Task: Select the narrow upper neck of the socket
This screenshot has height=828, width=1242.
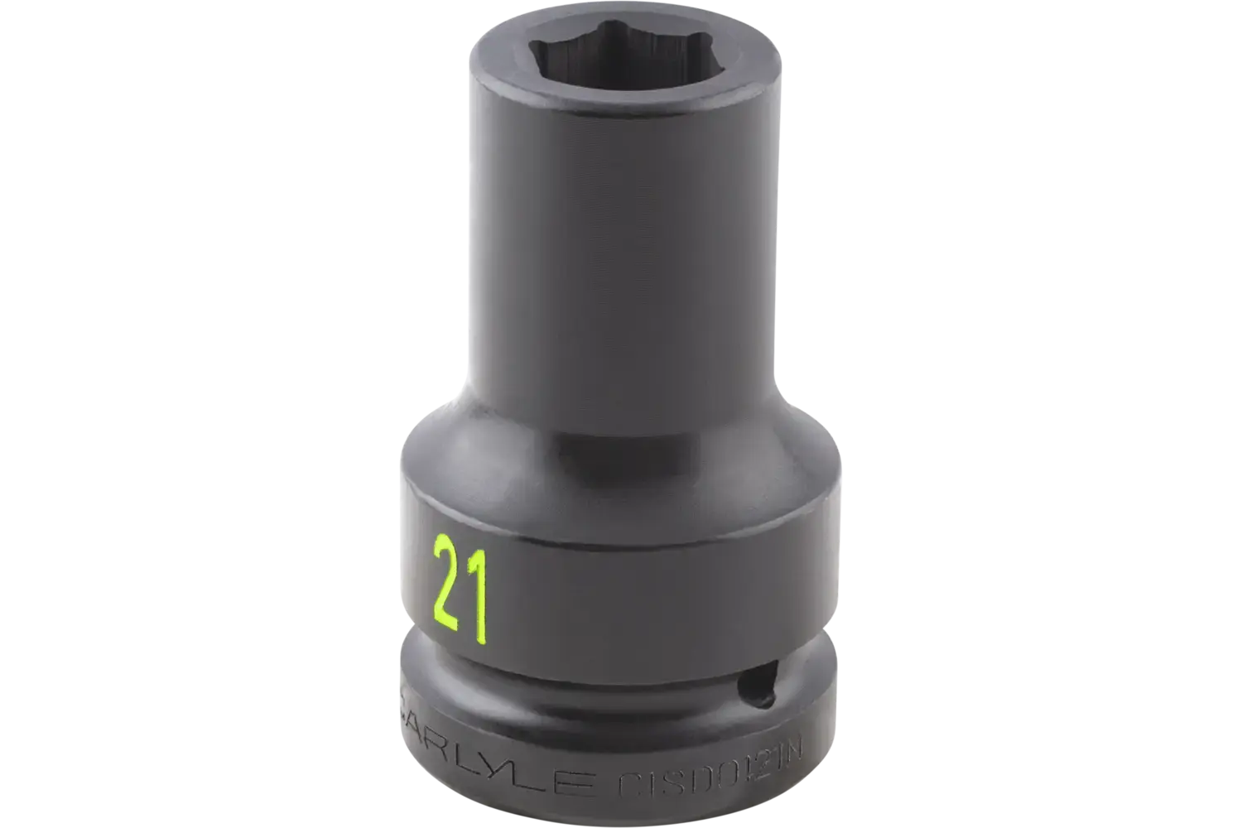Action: point(621,248)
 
